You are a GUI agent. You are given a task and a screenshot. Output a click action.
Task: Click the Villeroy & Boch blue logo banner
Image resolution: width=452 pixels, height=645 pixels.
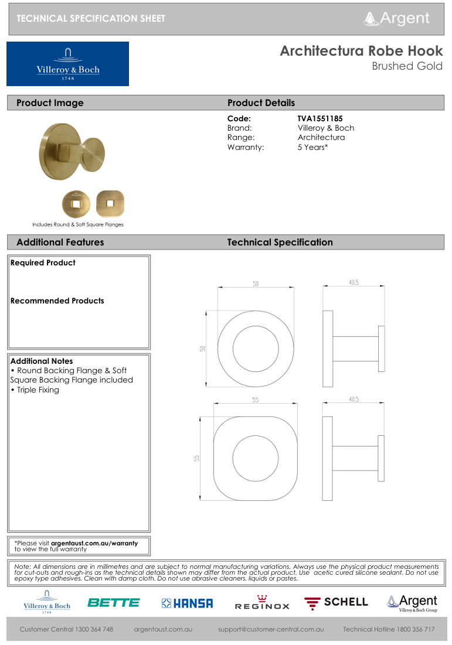(x=67, y=64)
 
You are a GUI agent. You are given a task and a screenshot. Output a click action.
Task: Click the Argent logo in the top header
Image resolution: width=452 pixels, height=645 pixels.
(x=397, y=18)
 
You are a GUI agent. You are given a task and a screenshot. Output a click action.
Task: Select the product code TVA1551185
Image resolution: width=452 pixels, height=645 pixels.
(x=320, y=118)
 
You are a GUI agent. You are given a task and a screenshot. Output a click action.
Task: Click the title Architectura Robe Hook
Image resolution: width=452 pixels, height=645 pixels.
(x=361, y=51)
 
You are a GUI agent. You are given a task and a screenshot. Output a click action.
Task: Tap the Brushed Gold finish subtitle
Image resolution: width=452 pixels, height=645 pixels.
(x=407, y=66)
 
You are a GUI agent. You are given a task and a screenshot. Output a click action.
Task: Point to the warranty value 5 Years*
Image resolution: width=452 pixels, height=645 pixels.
(x=312, y=147)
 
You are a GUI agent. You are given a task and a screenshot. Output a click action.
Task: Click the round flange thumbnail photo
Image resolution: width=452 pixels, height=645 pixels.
(x=76, y=204)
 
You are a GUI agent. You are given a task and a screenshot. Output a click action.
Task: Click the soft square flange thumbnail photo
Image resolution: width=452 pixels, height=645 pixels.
(x=110, y=204)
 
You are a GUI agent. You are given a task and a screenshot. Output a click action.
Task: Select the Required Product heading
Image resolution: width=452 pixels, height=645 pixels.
(x=43, y=263)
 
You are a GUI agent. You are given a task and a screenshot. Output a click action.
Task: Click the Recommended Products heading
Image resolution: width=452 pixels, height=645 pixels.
(x=57, y=301)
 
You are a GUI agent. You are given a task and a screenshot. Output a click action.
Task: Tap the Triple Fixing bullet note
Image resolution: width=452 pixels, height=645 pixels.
(x=35, y=390)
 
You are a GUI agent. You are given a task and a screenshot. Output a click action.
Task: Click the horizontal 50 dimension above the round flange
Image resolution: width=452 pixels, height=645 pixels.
(x=256, y=284)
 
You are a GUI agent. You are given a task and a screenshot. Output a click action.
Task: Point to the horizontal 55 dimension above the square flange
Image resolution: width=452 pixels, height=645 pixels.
(x=256, y=400)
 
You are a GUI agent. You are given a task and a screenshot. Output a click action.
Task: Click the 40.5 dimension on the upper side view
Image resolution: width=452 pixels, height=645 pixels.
(x=354, y=282)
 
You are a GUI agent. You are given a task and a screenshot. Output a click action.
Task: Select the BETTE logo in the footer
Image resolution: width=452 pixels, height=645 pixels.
(x=113, y=602)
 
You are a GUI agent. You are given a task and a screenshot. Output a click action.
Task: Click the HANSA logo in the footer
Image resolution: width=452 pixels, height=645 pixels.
(x=187, y=603)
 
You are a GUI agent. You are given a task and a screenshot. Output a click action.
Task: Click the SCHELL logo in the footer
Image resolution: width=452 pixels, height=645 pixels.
(x=336, y=602)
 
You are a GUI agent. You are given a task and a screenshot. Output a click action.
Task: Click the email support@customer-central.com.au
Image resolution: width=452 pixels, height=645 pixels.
(x=271, y=629)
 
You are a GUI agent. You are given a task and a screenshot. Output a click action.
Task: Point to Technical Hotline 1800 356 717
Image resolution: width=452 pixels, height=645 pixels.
(x=389, y=629)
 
